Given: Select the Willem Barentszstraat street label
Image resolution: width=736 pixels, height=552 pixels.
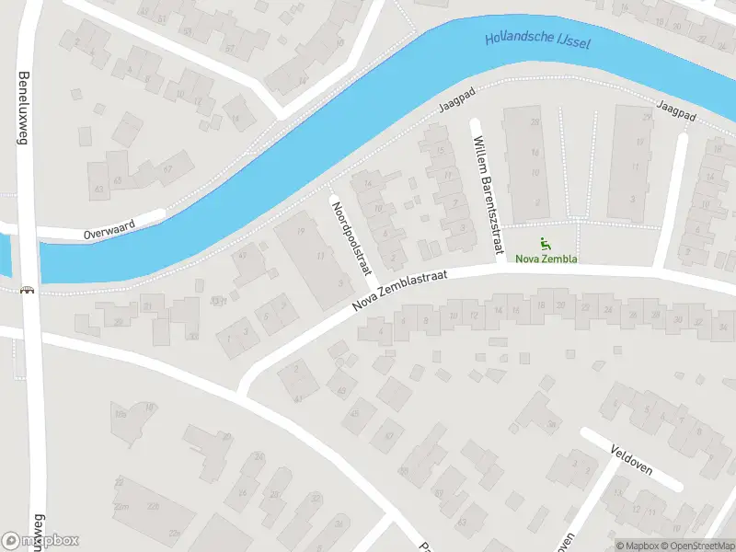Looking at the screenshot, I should (487, 193).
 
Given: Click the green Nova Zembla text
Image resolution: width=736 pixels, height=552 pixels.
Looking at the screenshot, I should (546, 259).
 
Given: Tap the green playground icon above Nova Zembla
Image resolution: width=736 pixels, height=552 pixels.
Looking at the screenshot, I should (546, 244).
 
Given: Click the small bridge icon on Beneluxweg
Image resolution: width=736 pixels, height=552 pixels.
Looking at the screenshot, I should (28, 291).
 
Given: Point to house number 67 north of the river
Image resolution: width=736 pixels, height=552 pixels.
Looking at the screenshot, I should (167, 170).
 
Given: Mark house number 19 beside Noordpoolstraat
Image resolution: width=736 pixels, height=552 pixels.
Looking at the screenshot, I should (301, 218).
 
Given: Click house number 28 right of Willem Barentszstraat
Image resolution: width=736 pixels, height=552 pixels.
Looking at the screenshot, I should (534, 121).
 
